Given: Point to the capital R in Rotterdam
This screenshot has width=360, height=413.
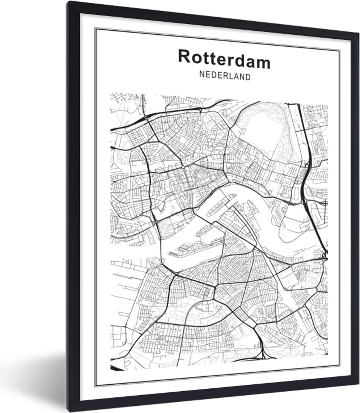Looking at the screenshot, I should coord(184,57).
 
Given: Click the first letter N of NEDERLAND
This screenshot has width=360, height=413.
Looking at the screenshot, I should coord(202,75).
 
